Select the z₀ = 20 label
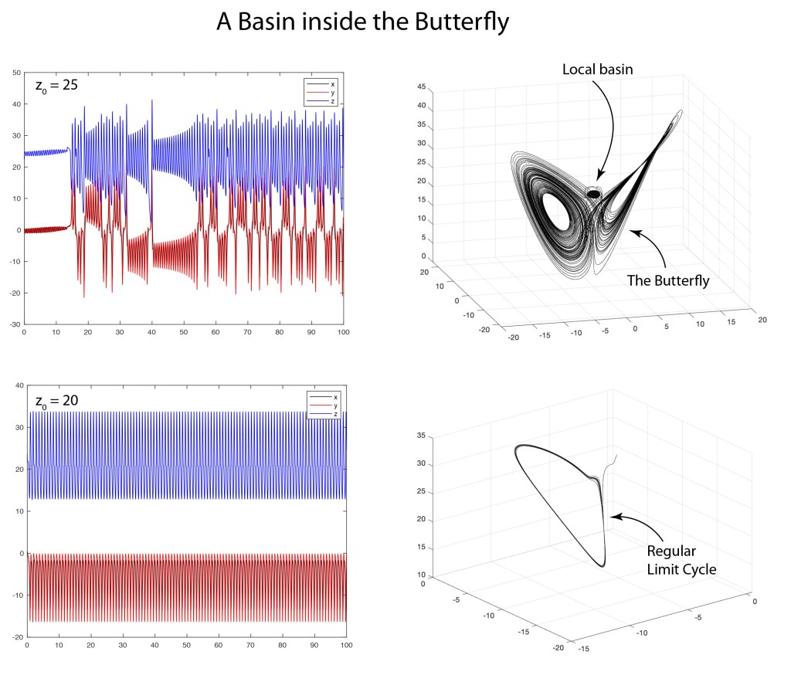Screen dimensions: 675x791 coord(57,401)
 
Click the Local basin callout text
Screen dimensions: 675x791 coord(597,70)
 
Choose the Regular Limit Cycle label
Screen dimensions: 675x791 coord(681,561)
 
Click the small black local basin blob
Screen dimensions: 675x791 coord(593,194)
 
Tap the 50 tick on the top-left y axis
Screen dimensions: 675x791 coord(16,73)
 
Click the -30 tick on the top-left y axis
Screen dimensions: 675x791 coord(15,325)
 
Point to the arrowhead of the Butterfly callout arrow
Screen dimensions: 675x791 coord(633,230)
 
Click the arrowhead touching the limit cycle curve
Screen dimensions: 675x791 coord(609,517)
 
